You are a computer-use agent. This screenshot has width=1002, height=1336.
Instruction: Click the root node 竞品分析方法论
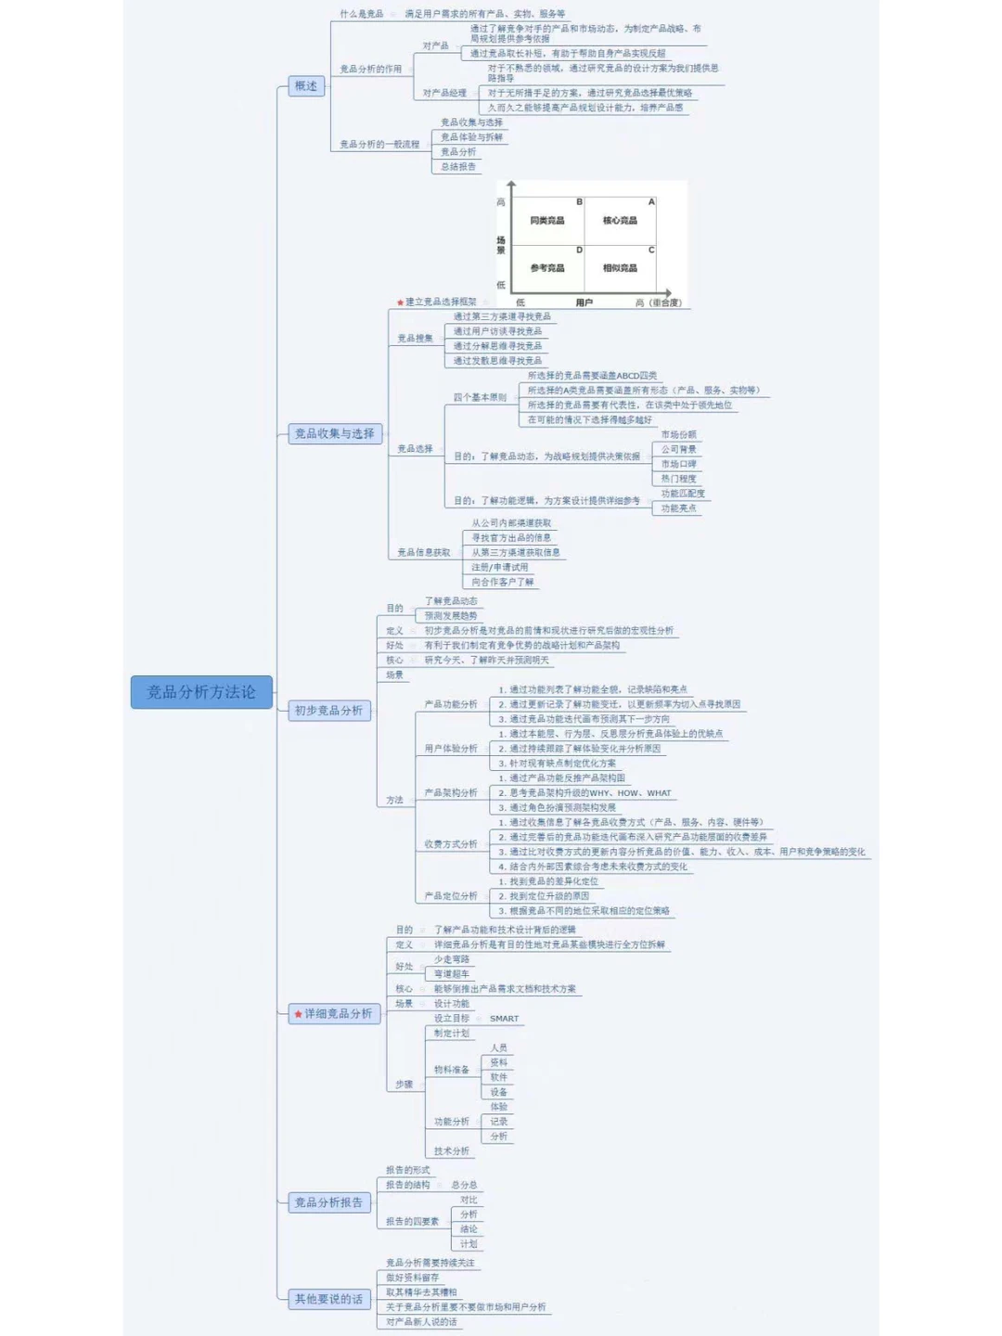[x=201, y=692]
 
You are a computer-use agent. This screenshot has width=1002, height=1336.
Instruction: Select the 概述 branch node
[x=306, y=86]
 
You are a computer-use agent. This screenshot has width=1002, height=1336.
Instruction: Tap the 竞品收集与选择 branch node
[x=334, y=433]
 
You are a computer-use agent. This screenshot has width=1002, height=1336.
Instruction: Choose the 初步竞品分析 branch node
[x=328, y=711]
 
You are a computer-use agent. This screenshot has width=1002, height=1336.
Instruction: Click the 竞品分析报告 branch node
[x=328, y=1202]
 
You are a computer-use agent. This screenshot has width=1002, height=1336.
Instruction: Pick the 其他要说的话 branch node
[x=328, y=1299]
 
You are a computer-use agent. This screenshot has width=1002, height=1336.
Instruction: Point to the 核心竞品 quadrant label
[x=620, y=221]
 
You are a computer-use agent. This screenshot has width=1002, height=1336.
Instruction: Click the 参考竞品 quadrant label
[x=547, y=268]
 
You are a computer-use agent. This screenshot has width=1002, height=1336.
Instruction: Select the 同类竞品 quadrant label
[x=547, y=221]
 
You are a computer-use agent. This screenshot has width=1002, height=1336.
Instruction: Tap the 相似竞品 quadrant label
[x=620, y=268]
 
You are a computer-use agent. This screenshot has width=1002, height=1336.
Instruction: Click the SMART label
[x=504, y=1019]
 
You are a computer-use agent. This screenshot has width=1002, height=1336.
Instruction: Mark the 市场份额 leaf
[x=678, y=434]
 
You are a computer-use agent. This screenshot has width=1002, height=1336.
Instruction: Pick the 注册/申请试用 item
[x=499, y=567]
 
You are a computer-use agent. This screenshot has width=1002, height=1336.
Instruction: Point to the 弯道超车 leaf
[x=452, y=974]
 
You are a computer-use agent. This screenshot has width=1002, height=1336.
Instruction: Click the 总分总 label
[x=464, y=1185]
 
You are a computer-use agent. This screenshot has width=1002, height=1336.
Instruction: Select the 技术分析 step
[x=452, y=1151]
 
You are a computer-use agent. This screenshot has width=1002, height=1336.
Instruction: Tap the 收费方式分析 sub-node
[x=451, y=844]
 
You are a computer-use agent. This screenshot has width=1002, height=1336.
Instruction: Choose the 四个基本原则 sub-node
[x=480, y=398]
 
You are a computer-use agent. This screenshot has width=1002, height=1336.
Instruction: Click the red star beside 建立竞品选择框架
[x=400, y=302]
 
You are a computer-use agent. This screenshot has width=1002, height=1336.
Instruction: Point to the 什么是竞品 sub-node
[x=361, y=14]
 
